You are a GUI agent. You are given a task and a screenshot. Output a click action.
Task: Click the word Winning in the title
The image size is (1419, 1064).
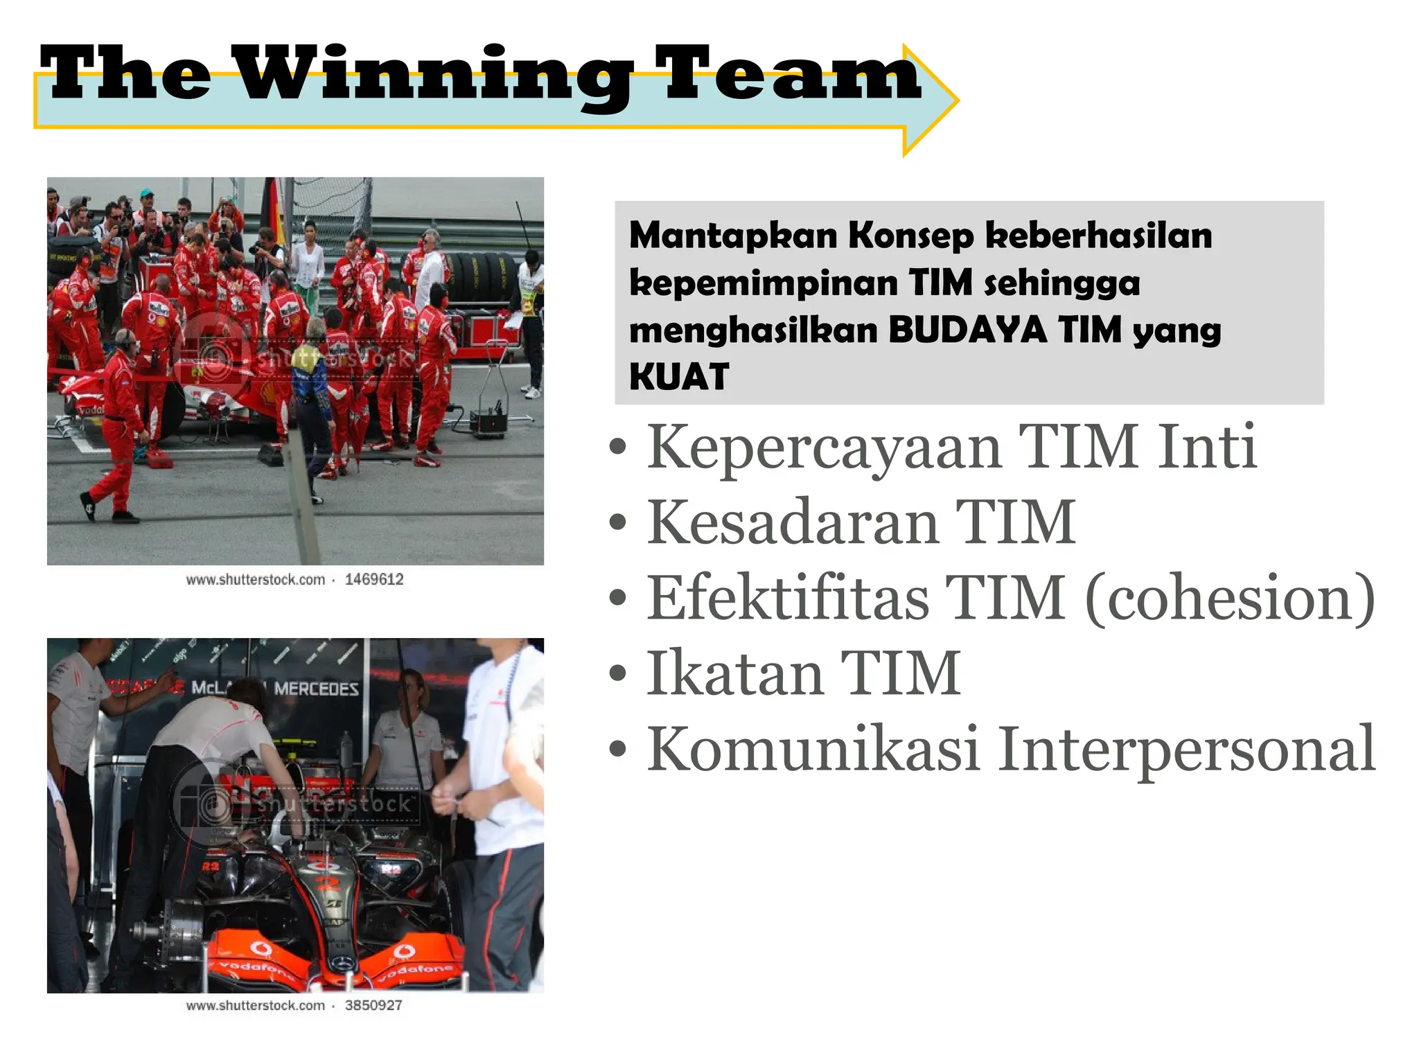435,75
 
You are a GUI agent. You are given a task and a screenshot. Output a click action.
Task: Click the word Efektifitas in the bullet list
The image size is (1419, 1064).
788,598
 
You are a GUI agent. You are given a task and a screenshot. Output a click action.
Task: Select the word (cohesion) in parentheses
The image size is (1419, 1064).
1230,598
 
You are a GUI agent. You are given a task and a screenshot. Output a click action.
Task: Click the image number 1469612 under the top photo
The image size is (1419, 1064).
374,580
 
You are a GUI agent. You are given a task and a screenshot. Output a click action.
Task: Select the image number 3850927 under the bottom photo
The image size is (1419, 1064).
373,1006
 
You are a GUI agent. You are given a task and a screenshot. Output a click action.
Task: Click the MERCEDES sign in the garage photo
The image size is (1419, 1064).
316,689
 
